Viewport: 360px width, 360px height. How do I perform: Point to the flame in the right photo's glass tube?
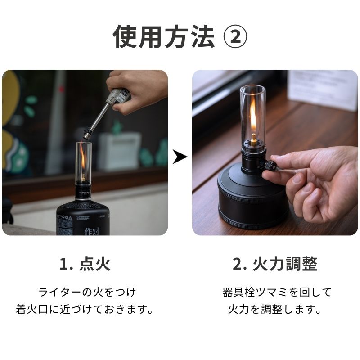(253, 118)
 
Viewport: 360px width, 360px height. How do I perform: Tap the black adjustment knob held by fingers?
(270, 165)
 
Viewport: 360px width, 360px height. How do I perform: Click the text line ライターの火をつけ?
(87, 292)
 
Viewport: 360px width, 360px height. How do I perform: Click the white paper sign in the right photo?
(322, 90)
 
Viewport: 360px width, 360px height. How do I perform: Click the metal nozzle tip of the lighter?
(87, 133)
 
